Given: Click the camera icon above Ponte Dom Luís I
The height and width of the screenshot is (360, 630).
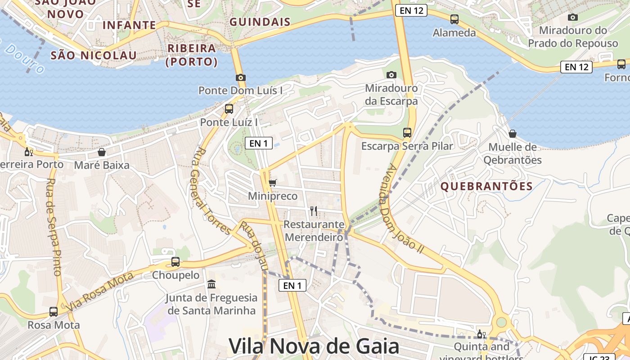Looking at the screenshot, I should pyautogui.click(x=241, y=77).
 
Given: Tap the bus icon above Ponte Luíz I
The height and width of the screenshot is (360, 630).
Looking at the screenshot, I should pyautogui.click(x=229, y=109).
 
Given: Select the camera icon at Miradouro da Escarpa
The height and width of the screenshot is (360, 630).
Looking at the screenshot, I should pyautogui.click(x=391, y=75).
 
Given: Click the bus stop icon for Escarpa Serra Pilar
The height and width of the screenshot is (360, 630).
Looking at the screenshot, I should pyautogui.click(x=407, y=133).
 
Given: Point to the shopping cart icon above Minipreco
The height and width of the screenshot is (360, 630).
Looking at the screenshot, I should pyautogui.click(x=272, y=183).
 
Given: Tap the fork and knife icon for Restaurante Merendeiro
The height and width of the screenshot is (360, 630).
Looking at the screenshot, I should pyautogui.click(x=314, y=211).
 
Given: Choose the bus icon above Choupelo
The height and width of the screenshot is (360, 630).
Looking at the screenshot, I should pyautogui.click(x=175, y=262).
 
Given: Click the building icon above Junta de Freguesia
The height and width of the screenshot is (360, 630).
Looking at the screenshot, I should pyautogui.click(x=211, y=284).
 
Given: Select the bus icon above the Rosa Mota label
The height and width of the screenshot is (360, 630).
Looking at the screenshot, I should pyautogui.click(x=54, y=311).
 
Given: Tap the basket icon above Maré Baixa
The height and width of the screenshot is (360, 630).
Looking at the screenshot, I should pyautogui.click(x=102, y=152).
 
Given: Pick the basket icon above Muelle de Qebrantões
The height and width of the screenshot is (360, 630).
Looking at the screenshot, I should pyautogui.click(x=512, y=134).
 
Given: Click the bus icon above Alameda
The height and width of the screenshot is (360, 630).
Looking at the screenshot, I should pyautogui.click(x=454, y=19).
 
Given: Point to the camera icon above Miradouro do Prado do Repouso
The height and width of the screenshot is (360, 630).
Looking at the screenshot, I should pyautogui.click(x=572, y=18).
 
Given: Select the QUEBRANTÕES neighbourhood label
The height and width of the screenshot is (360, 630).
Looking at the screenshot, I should pyautogui.click(x=486, y=186).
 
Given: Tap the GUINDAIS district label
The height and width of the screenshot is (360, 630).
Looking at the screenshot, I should pyautogui.click(x=260, y=22).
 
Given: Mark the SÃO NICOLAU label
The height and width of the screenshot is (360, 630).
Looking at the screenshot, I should pyautogui.click(x=94, y=55).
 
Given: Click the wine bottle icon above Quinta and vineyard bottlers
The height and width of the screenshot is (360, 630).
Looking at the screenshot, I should pyautogui.click(x=481, y=334).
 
